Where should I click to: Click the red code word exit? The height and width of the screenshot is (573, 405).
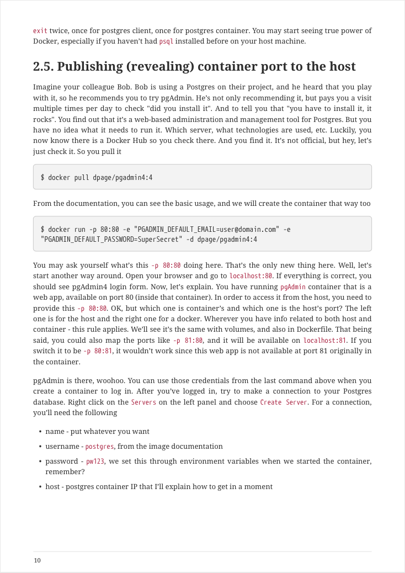click(40, 31)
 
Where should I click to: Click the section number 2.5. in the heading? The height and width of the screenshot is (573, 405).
click(43, 67)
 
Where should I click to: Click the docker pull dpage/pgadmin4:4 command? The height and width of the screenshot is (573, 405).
click(97, 177)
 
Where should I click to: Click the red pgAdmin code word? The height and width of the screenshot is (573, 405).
click(293, 287)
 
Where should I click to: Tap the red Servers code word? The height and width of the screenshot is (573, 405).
click(143, 402)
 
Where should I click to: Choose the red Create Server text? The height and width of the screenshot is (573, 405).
click(284, 402)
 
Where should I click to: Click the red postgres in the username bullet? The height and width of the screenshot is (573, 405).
click(100, 447)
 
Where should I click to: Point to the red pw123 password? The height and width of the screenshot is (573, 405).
click(95, 461)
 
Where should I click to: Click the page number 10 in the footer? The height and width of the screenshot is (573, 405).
click(37, 560)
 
